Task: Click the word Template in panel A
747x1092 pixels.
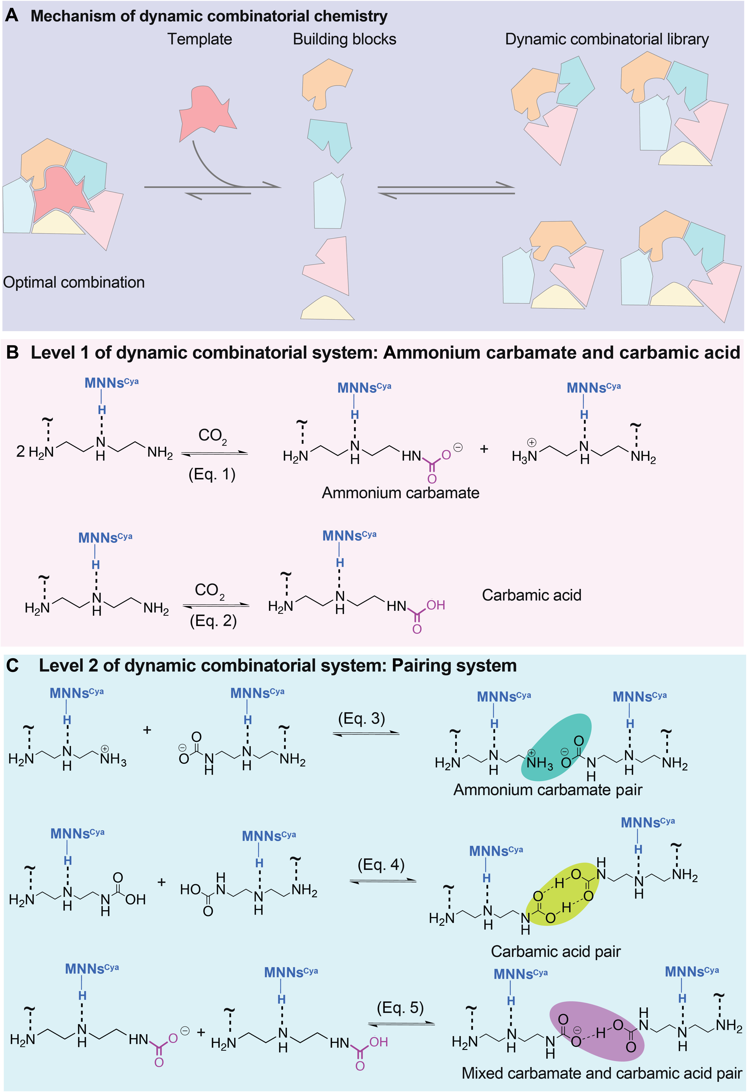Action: coord(200,39)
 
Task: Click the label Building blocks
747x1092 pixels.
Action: coord(344,39)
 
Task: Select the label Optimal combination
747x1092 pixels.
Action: coord(74,282)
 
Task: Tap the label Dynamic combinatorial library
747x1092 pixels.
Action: coord(607,39)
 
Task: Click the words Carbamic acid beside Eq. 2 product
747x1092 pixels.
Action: coord(531,595)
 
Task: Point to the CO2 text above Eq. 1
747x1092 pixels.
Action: coord(212,436)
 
